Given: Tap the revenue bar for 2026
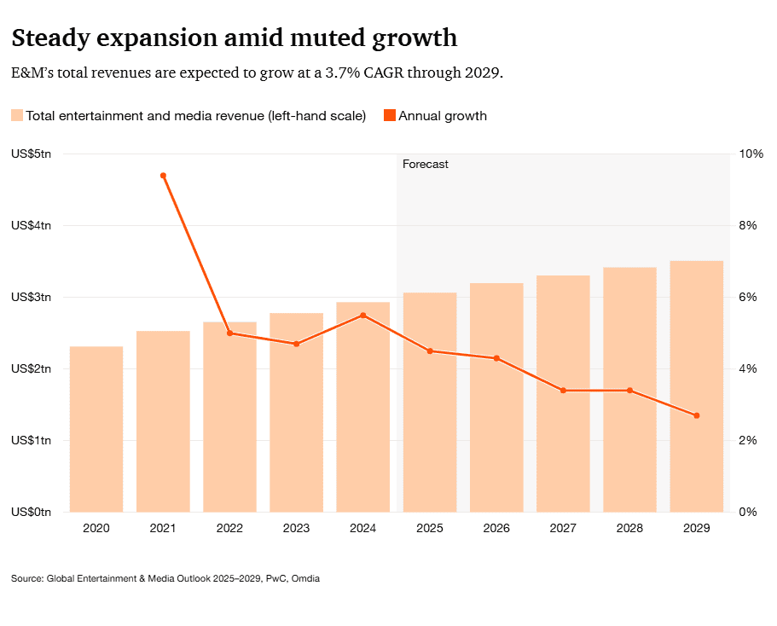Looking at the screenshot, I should click(x=496, y=397).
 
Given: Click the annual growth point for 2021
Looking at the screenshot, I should click(x=163, y=176).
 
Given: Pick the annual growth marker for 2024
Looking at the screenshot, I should click(x=363, y=316).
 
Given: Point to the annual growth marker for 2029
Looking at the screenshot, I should click(x=697, y=415).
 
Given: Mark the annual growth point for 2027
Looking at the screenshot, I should click(x=563, y=391).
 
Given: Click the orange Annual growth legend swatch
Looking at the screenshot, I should click(x=389, y=116).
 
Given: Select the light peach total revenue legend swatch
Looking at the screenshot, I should click(x=17, y=116).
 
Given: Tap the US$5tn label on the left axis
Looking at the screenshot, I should click(x=31, y=154).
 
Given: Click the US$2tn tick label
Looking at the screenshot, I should click(x=31, y=368).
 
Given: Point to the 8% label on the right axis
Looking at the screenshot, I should click(x=749, y=225).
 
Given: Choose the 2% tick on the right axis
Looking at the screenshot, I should click(x=749, y=440).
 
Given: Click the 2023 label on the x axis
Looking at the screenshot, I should click(x=296, y=529).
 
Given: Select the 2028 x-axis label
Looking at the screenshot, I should click(x=629, y=529).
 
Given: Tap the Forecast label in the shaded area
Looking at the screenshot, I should click(x=425, y=164).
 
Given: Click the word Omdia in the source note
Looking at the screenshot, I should click(x=305, y=579).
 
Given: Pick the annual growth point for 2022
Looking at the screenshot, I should click(x=229, y=333).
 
